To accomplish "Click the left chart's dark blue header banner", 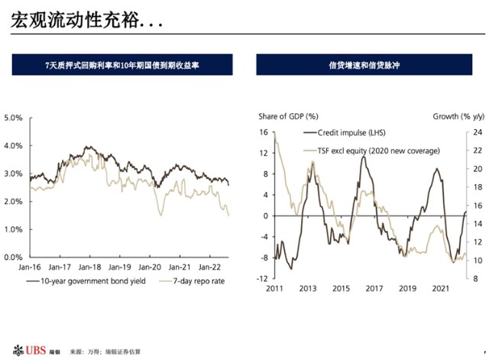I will coord(122,66).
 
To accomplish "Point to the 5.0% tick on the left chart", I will coord(14,118).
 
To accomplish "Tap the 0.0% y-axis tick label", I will coord(14,258).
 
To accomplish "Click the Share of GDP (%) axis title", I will coord(288,116).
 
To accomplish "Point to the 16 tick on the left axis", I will coord(263,132).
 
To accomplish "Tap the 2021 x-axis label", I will coord(441,289).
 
